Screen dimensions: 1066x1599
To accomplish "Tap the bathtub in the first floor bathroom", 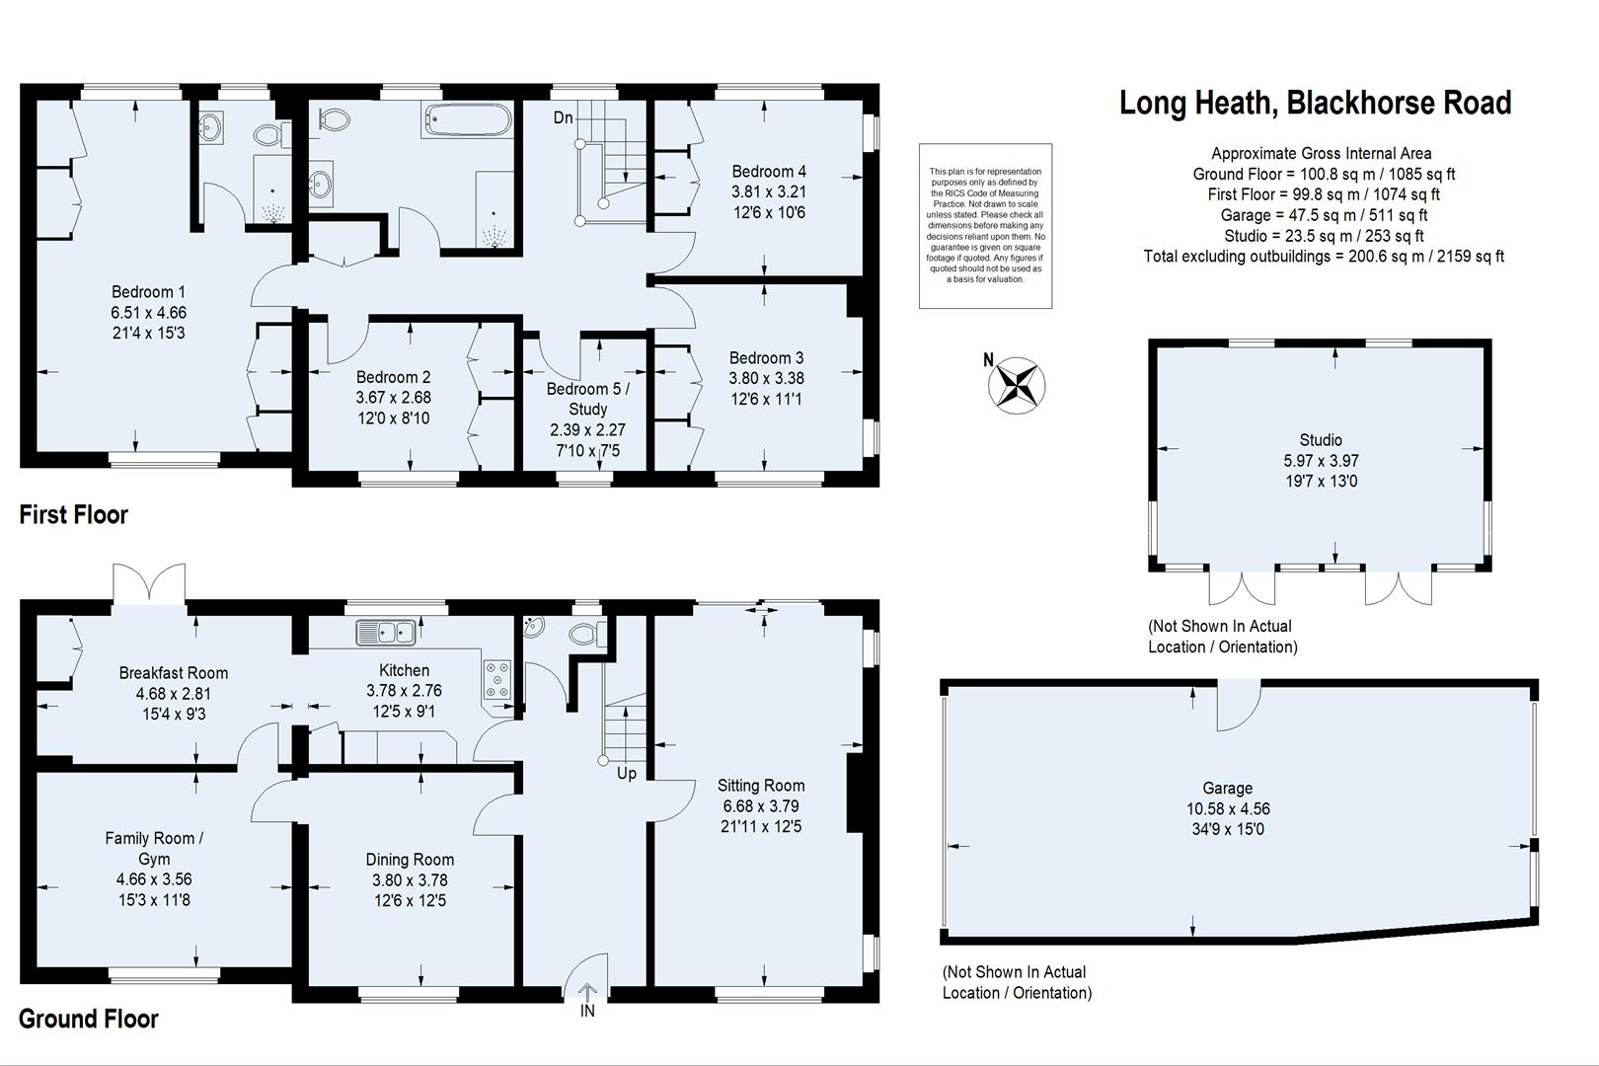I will point(467,121).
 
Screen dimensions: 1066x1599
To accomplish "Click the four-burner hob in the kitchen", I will point(496,680).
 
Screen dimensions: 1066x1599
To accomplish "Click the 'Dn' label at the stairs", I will point(563,117).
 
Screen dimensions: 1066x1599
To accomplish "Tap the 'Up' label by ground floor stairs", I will point(627,774).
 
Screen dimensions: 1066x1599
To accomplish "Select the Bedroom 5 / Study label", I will point(588,399).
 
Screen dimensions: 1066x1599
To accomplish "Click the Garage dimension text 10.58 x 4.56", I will point(1227,808).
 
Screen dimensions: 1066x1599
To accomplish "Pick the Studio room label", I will point(1320,440).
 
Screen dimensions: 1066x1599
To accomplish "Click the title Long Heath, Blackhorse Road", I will point(1315,103).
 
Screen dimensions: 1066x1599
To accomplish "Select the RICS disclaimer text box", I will point(985,225).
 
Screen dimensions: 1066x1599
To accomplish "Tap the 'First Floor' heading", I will point(74,514).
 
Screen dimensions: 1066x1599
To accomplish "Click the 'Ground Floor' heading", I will point(89,1019).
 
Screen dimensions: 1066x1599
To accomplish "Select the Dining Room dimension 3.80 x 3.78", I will point(410,880).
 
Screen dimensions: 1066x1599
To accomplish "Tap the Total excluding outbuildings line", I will point(1323,257).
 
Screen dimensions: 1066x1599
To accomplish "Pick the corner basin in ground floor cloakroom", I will point(533,625).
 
